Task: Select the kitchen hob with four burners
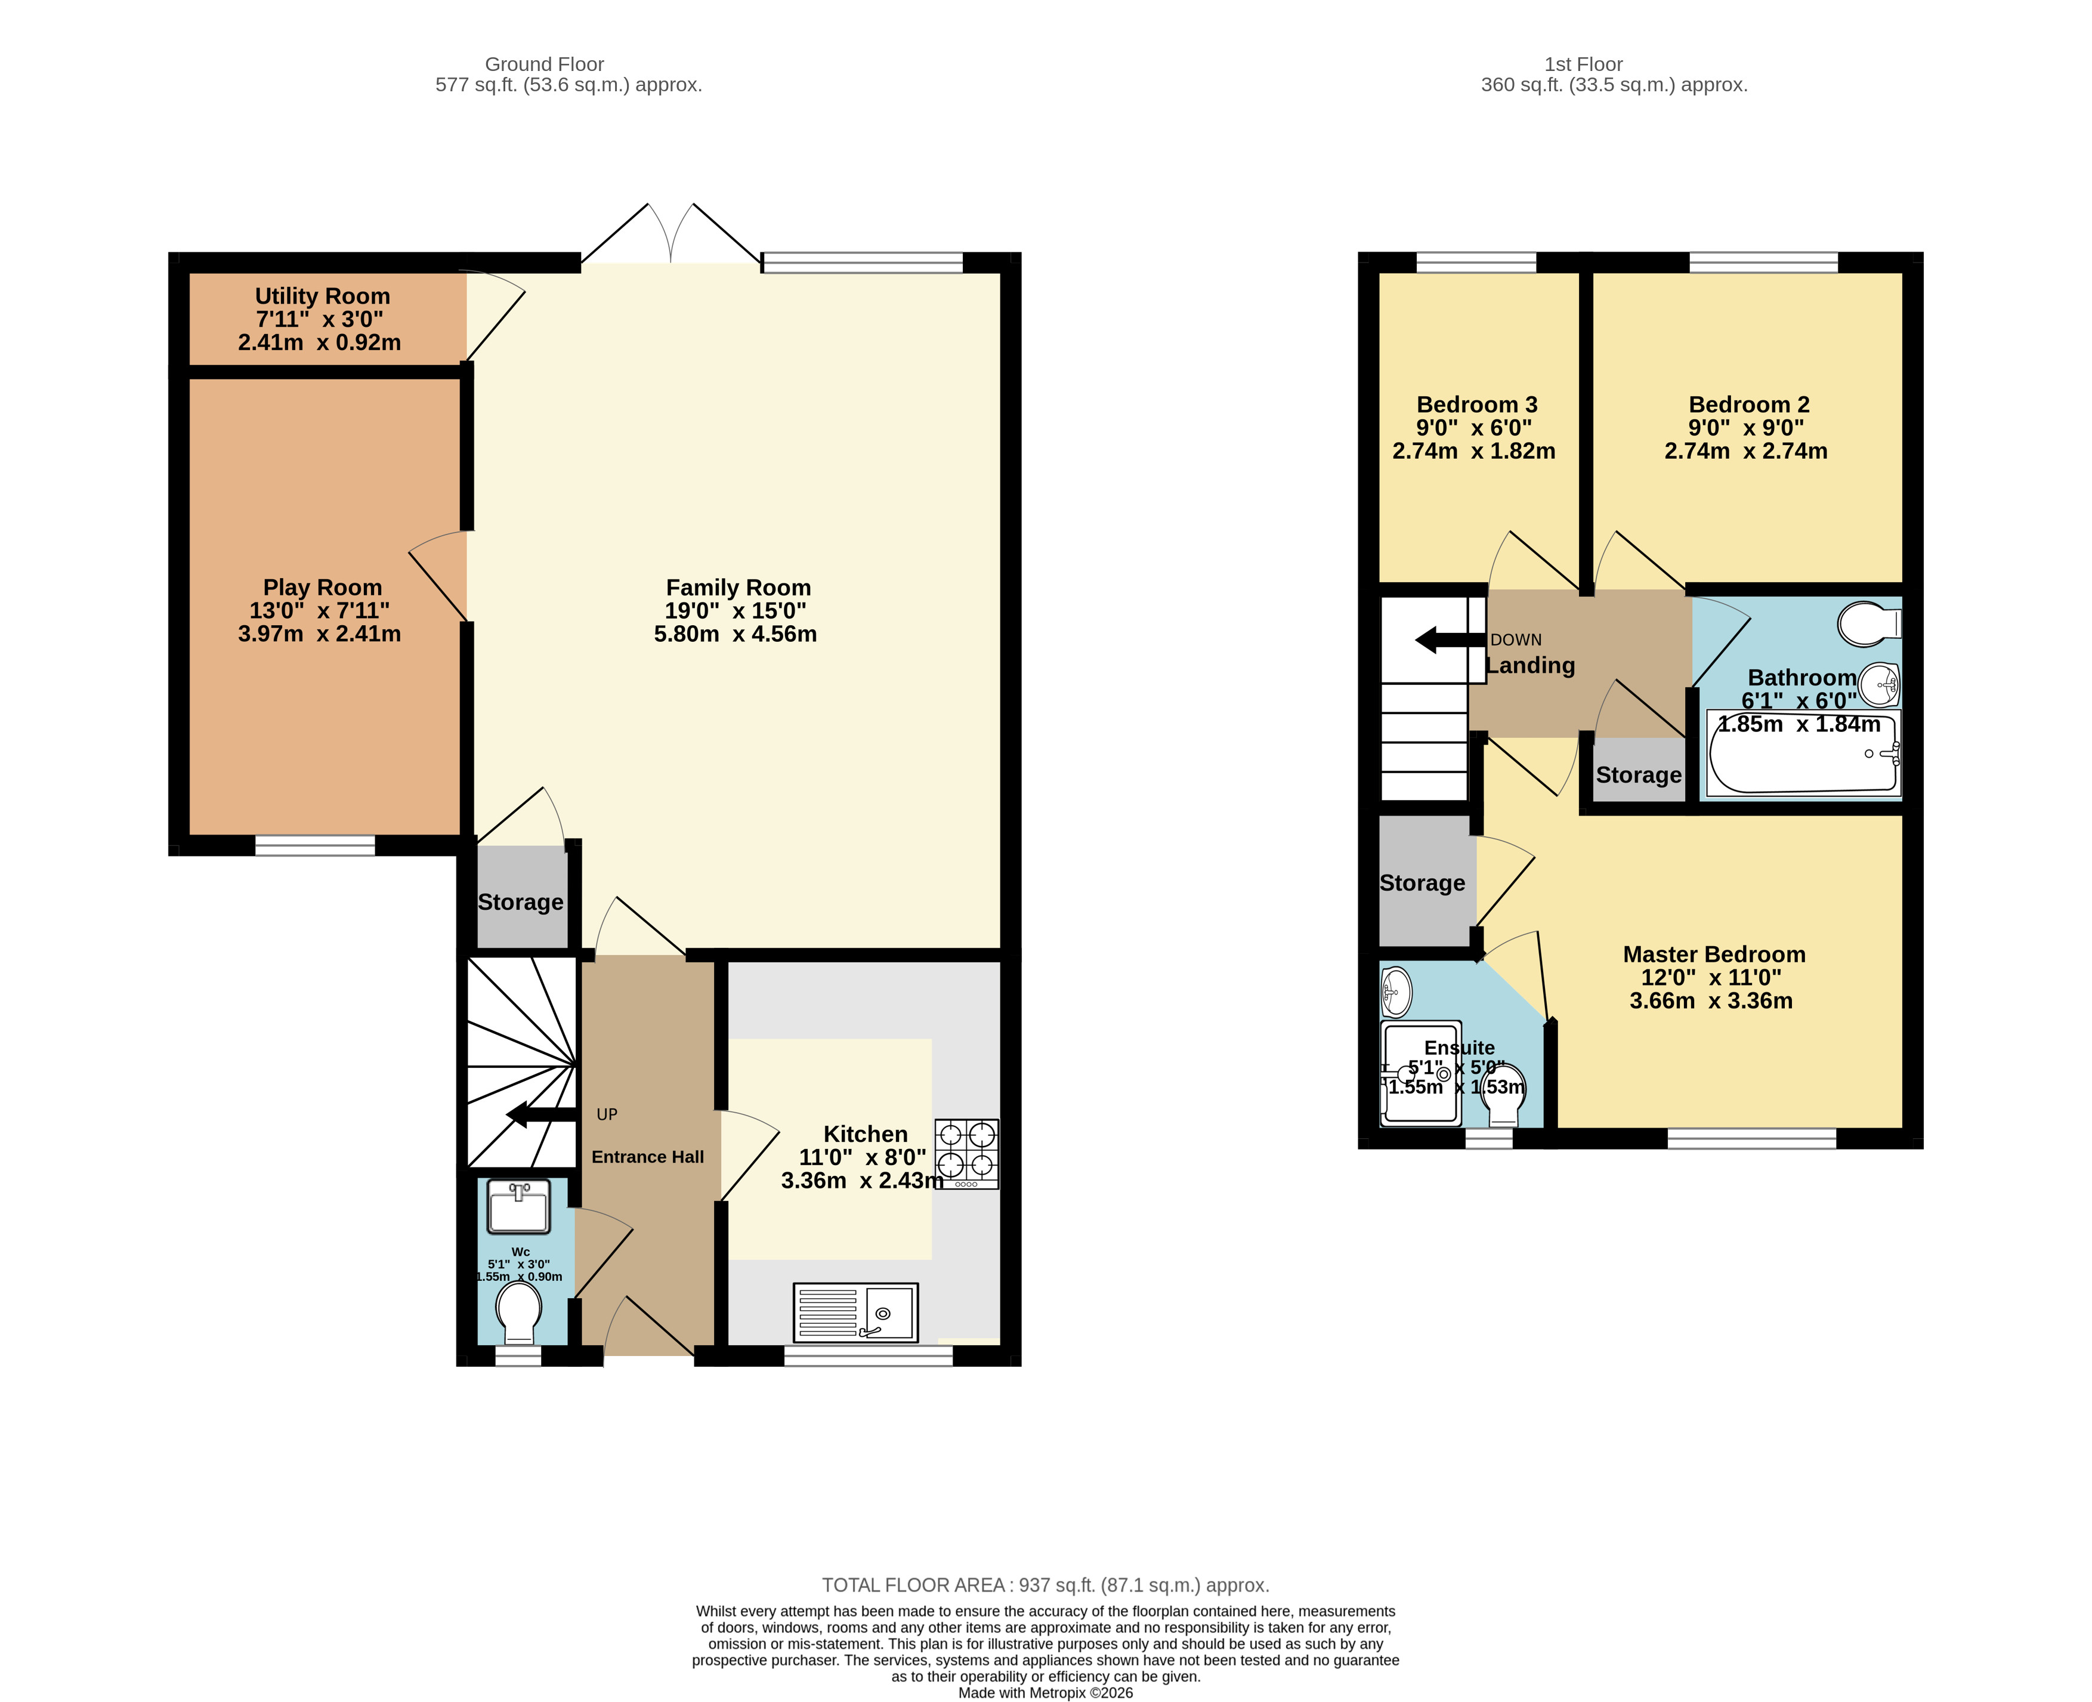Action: pyautogui.click(x=966, y=1153)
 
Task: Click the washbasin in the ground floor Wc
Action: pyautogui.click(x=518, y=1206)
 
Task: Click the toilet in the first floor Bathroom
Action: pyautogui.click(x=1868, y=623)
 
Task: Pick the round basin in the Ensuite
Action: pyautogui.click(x=1396, y=992)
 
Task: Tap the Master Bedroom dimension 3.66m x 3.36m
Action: pyautogui.click(x=1711, y=1001)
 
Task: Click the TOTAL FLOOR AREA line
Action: pyautogui.click(x=1045, y=1585)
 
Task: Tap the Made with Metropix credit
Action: pyautogui.click(x=1045, y=1693)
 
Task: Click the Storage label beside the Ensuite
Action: pyautogui.click(x=1422, y=884)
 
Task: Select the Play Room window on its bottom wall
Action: pyautogui.click(x=315, y=845)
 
